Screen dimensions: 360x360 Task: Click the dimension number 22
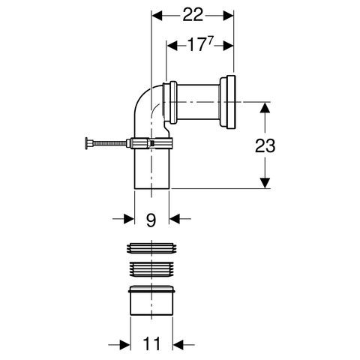[193, 15]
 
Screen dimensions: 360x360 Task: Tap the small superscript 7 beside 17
[211, 42]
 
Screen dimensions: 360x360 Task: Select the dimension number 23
[265, 145]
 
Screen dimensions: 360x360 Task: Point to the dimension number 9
[151, 220]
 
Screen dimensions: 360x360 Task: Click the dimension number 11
[152, 343]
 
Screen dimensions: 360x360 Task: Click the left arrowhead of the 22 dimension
[157, 16]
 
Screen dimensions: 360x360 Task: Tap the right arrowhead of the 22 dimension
[228, 16]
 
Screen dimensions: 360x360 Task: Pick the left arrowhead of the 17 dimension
[172, 46]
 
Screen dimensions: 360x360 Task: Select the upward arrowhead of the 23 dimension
[265, 108]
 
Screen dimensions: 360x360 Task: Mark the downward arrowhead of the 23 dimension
[265, 183]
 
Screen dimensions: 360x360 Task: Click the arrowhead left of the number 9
[129, 219]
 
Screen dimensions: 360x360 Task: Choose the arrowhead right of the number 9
[175, 219]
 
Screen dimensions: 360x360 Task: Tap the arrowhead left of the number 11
[125, 345]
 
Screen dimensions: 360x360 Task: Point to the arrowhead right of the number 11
[178, 345]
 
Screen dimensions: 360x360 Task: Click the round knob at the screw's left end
[86, 143]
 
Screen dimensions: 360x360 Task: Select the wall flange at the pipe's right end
[228, 102]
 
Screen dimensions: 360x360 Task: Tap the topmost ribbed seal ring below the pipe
[151, 248]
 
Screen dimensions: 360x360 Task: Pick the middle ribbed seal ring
[151, 269]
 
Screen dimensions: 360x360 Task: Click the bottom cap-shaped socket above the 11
[151, 300]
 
